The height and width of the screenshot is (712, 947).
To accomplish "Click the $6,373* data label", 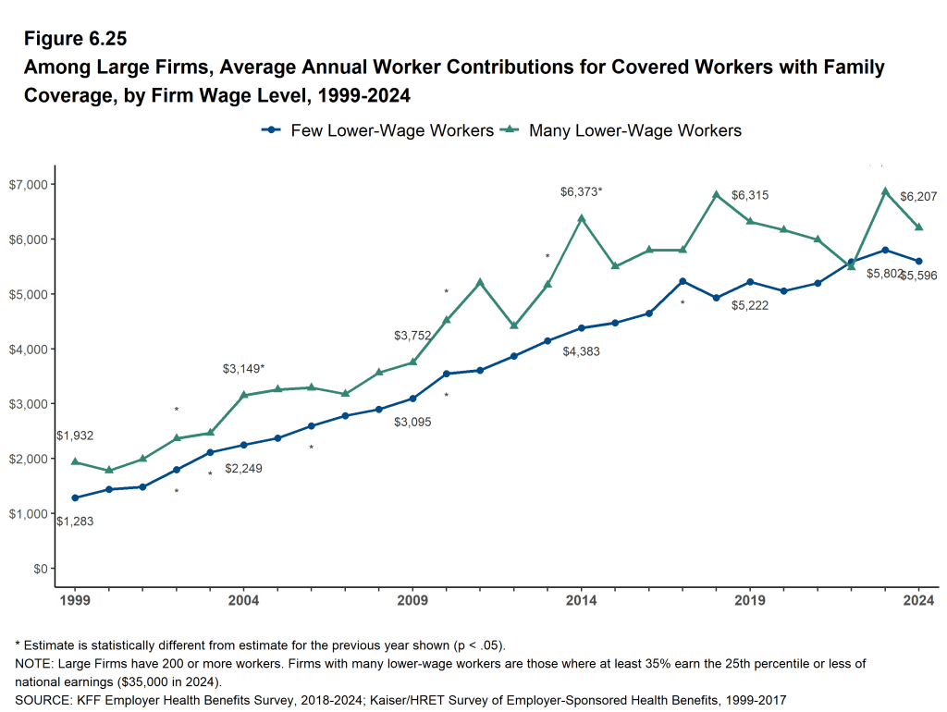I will click(581, 191).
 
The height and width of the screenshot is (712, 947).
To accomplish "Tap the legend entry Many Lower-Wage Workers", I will click(621, 130).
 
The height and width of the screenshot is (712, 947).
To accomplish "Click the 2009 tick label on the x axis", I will click(412, 601).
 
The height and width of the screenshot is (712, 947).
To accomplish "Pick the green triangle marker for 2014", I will click(582, 218).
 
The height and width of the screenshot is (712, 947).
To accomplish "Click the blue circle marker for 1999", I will click(75, 497).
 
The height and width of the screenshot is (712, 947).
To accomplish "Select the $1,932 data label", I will click(75, 436).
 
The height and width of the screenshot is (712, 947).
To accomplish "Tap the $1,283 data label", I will click(75, 522).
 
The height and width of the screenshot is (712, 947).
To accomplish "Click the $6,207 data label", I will click(918, 197).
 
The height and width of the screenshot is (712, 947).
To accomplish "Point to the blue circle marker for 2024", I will click(919, 261).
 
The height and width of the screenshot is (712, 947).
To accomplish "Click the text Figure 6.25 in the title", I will click(75, 39).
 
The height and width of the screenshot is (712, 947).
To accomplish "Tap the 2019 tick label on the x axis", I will click(750, 601).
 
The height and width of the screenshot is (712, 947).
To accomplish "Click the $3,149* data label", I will click(243, 369).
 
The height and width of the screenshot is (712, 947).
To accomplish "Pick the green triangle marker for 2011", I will click(480, 282).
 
